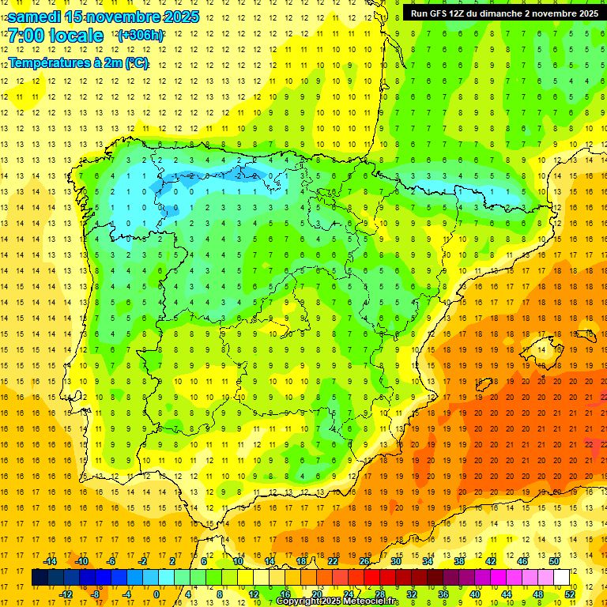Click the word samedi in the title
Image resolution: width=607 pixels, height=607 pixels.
point(34,16)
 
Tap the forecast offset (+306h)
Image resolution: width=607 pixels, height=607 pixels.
point(141,36)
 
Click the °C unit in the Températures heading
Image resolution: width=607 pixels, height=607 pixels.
point(138,63)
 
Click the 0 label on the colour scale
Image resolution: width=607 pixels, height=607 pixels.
point(156,594)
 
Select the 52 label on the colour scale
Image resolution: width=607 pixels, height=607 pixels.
point(570,594)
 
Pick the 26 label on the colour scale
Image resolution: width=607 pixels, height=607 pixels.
point(364,561)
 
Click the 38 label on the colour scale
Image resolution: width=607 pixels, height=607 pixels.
point(458,561)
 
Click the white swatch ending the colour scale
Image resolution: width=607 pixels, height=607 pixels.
point(561,578)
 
